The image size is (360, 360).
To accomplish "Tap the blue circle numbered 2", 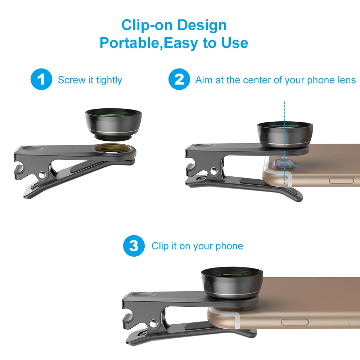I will point(179,80).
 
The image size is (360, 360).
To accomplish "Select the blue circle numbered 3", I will point(134,246).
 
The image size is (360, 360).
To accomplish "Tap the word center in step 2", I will point(257,80).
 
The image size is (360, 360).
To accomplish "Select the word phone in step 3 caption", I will point(229,246).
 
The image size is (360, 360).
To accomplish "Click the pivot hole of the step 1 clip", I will point(44,175).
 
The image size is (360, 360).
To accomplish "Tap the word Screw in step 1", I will point(71,80).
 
